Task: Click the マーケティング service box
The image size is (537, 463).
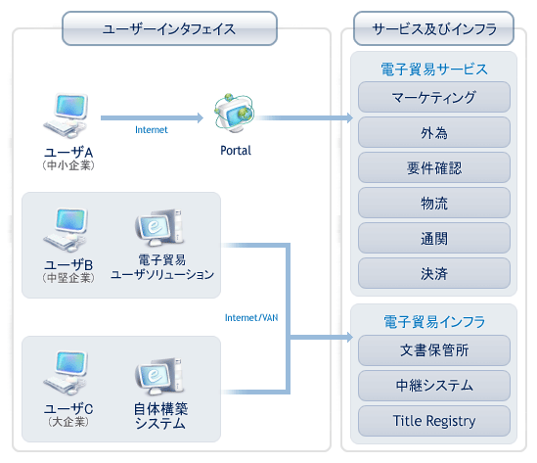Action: coord(434,97)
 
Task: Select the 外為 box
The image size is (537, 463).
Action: coord(434,132)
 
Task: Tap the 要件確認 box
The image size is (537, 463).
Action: coord(434,167)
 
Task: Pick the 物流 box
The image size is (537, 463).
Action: coord(434,203)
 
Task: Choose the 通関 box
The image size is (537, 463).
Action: coord(434,238)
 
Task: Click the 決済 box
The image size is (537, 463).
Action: coord(434,273)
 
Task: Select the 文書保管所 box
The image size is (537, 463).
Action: coord(434,350)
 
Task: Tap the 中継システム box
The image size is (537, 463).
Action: coord(434,386)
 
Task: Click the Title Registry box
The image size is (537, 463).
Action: coord(434,421)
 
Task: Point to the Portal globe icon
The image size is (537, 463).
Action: coord(235,114)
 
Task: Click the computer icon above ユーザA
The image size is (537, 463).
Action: coord(67,116)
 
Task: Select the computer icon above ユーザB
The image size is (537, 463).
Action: coord(67,230)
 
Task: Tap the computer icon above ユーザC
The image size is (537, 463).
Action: coord(67,373)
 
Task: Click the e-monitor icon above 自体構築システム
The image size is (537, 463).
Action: coord(159,377)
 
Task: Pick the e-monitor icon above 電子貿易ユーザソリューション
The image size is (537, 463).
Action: coord(159,228)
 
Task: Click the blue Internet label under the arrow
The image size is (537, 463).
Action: coord(152,130)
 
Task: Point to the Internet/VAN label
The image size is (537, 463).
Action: coord(251,318)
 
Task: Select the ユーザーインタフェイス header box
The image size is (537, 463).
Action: coord(169,28)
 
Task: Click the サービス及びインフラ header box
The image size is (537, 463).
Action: coord(434,28)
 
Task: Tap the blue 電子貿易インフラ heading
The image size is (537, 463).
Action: coord(434,322)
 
